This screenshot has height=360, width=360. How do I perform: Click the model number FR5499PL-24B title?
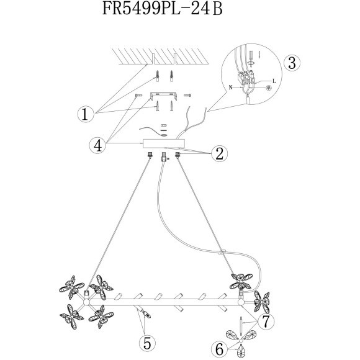[x=163, y=9]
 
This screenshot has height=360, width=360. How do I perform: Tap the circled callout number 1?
[x=86, y=114]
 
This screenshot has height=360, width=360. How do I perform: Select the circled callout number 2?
[x=220, y=153]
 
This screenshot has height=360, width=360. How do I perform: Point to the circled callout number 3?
[x=292, y=63]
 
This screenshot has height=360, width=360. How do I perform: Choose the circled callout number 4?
[x=98, y=145]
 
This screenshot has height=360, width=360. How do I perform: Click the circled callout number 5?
[x=147, y=343]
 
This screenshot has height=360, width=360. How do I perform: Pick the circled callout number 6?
[x=219, y=349]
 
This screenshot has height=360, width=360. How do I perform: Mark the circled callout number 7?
[x=266, y=321]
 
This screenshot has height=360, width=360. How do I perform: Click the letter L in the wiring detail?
[x=274, y=81]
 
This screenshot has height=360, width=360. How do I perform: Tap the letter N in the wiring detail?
[x=230, y=88]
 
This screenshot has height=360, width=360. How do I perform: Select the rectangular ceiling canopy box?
[x=164, y=144]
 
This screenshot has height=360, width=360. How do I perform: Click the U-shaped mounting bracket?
[x=163, y=96]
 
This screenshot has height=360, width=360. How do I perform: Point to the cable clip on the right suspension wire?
[x=222, y=253]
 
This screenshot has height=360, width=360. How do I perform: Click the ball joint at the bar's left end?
[x=86, y=302]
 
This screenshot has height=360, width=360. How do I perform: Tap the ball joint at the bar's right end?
[x=241, y=302]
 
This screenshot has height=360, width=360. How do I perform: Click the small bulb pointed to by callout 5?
[x=146, y=314]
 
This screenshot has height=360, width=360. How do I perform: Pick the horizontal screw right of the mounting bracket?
[x=187, y=95]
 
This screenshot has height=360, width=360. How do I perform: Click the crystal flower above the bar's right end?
[x=241, y=281]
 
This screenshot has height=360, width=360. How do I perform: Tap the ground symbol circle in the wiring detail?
[x=268, y=88]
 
